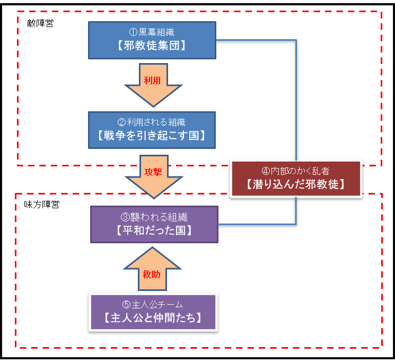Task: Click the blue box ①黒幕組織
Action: [152, 40]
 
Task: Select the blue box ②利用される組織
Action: [152, 130]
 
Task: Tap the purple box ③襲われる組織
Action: [154, 224]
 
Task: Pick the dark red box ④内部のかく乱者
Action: [296, 179]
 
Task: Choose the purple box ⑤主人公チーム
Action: [153, 312]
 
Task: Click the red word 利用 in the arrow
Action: [152, 81]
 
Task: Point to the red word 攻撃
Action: [153, 172]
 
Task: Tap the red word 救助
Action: [152, 274]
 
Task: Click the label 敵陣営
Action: [40, 23]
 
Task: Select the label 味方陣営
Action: [42, 205]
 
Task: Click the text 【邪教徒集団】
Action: [152, 46]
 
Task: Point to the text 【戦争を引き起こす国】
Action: [152, 136]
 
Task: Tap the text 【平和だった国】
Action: [154, 231]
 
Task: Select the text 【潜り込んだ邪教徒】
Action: [295, 184]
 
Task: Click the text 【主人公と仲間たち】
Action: [153, 318]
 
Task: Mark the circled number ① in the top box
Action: [133, 32]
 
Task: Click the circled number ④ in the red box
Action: [266, 171]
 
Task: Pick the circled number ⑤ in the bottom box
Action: [127, 305]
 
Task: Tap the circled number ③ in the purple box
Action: [125, 217]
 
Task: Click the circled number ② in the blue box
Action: [121, 122]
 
